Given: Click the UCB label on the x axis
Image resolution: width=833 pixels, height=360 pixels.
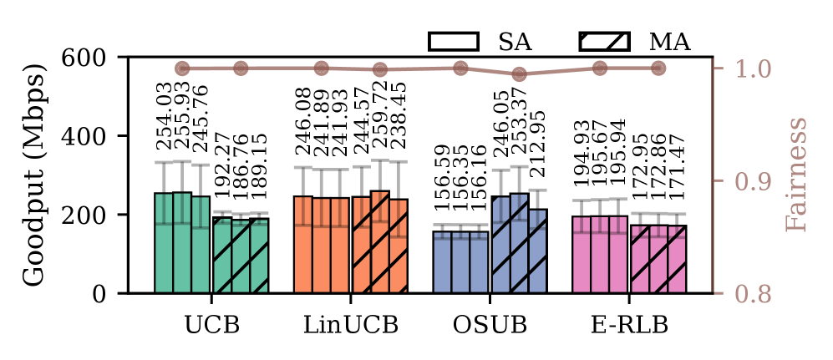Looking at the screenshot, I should click(x=211, y=323).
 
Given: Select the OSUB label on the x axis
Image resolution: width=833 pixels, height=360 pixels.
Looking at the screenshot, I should click(x=490, y=323).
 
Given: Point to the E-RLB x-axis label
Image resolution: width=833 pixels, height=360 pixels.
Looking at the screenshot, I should click(x=629, y=323).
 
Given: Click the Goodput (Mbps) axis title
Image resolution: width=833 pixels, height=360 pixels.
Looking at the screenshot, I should click(x=33, y=175).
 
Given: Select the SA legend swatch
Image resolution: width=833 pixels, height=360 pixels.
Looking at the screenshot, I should click(x=453, y=42).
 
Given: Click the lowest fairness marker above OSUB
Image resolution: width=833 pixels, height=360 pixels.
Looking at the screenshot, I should click(x=519, y=74).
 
